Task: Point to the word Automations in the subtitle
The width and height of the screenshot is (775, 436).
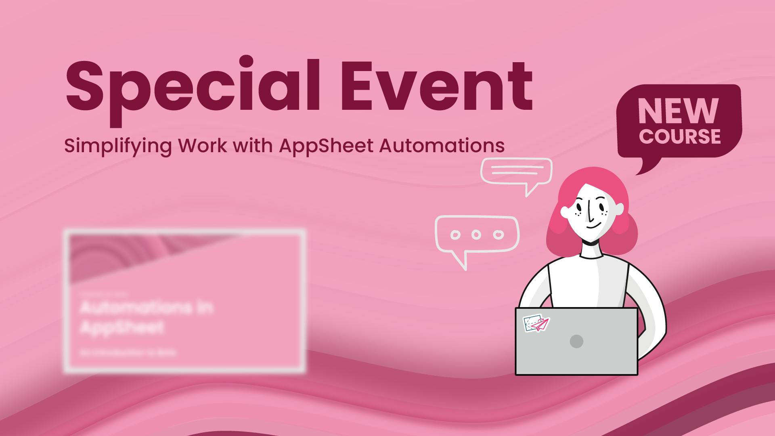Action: point(442,145)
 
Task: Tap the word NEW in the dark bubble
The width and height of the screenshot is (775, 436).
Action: point(678,111)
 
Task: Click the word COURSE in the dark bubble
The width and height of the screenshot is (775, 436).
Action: point(680,136)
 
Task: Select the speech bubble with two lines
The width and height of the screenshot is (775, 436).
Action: point(516,171)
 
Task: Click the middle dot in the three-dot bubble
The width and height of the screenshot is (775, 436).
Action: point(477,234)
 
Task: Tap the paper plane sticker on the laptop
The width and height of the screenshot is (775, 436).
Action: point(537,323)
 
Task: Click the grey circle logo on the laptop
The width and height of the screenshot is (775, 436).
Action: point(576,341)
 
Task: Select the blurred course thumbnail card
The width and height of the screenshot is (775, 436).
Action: point(185,301)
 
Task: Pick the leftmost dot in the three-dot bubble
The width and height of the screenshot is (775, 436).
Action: point(455,235)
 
